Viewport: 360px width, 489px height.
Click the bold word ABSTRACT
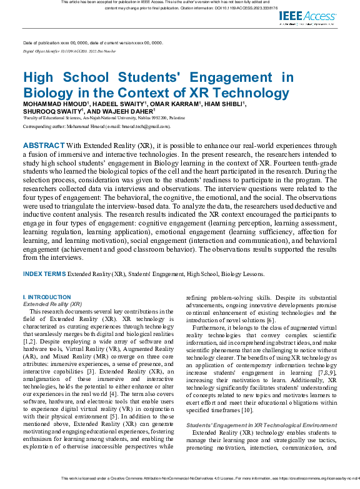coord(43,146)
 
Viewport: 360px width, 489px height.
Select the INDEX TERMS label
coord(44,274)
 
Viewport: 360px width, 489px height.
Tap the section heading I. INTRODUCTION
coord(47,297)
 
